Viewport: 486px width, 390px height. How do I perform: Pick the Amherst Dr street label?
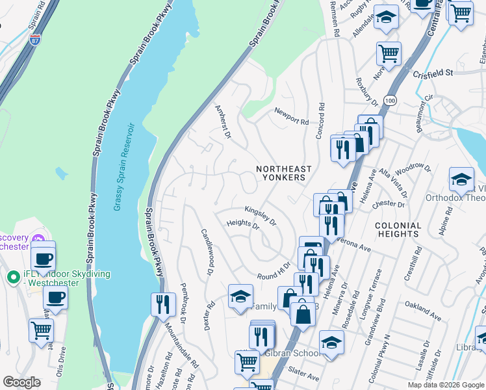[223, 121]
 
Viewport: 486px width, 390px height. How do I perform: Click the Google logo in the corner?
[21, 382]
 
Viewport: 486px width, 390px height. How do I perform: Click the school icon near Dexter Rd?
[240, 297]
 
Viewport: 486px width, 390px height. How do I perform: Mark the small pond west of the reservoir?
[62, 174]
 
